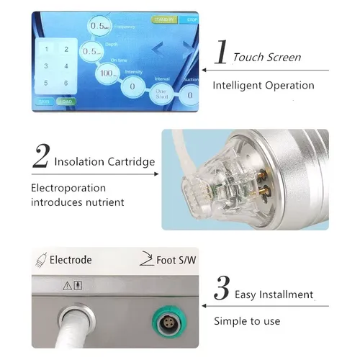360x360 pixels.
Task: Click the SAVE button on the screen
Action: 43,102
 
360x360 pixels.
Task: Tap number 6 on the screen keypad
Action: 66,82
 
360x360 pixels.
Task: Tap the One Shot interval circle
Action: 161,93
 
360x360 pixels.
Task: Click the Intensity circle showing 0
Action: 132,87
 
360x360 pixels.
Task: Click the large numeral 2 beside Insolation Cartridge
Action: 41,155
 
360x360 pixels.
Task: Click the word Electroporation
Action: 66,188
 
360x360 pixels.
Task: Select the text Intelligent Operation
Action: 263,85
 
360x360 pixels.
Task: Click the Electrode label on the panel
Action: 72,258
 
